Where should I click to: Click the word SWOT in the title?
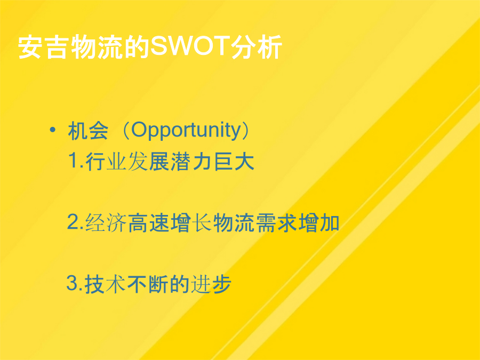190,46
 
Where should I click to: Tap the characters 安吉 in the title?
44,47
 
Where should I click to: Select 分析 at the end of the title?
257,47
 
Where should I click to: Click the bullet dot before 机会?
53,130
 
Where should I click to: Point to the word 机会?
88,131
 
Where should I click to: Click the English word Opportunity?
187,131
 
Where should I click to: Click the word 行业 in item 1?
106,161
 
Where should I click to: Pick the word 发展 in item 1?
148,161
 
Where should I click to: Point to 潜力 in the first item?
191,161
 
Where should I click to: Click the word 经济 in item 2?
106,222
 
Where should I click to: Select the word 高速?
148,222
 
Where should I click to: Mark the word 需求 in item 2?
276,222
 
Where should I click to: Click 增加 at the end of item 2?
319,222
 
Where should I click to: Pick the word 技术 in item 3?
105,284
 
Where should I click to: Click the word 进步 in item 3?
211,284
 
